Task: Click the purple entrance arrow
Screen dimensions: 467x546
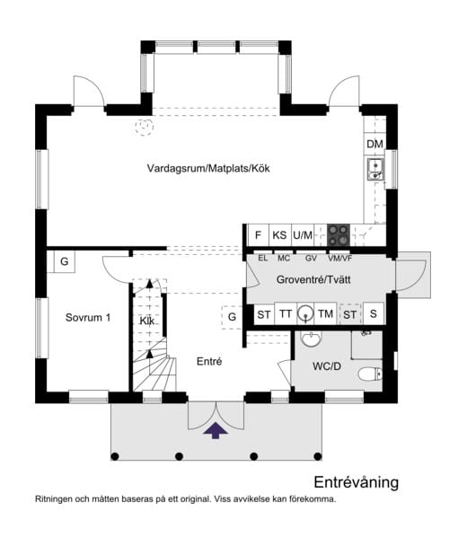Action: tap(216, 430)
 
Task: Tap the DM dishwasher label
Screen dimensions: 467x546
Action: tap(374, 144)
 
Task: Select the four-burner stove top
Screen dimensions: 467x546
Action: tap(339, 234)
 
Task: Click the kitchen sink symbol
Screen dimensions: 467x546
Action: tap(375, 169)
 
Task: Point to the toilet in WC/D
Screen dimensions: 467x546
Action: tap(370, 374)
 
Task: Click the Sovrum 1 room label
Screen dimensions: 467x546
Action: tap(88, 318)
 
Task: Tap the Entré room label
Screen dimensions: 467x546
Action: tap(209, 361)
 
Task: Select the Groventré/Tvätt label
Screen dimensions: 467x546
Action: tap(313, 279)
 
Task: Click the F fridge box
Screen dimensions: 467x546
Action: tap(258, 235)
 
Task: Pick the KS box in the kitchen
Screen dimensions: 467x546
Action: tap(279, 235)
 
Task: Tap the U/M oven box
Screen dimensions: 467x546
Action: tap(303, 235)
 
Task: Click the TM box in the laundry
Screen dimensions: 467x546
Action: tap(325, 313)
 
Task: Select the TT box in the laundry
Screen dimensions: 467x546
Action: tap(286, 313)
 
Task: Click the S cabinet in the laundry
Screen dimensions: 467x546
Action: tap(373, 313)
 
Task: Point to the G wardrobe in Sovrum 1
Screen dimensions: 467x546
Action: tap(65, 261)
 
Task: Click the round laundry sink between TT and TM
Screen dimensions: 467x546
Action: tap(305, 313)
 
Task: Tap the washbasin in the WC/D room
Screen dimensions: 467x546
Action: tap(312, 339)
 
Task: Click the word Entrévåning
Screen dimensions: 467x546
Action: tap(356, 482)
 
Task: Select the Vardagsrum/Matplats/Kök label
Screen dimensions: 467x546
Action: tap(208, 169)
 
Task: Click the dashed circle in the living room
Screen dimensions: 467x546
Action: tap(145, 127)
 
